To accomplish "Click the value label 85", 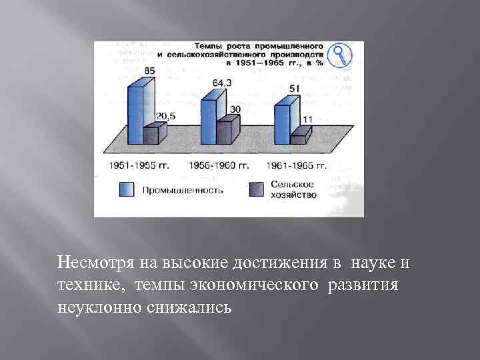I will [x=150, y=71].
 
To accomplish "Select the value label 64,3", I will [x=221, y=83].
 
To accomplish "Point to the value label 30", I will [x=235, y=109].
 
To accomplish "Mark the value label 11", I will [x=307, y=119].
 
